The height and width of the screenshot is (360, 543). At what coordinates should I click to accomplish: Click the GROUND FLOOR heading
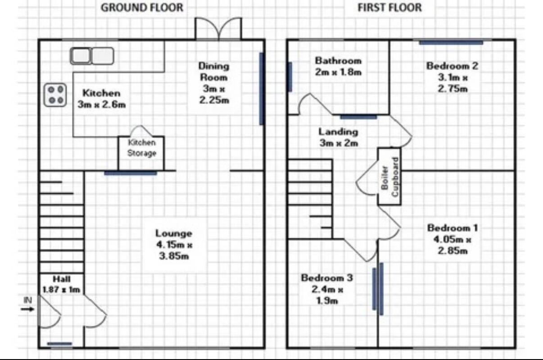(x=142, y=8)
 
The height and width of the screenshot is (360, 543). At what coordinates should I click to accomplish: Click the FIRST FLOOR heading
(x=390, y=8)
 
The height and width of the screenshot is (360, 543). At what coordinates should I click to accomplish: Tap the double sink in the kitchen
(x=92, y=56)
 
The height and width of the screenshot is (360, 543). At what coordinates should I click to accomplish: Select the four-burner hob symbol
(x=55, y=95)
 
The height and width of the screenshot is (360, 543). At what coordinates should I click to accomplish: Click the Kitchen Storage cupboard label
(x=142, y=148)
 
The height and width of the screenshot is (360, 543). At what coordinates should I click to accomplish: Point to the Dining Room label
(x=214, y=83)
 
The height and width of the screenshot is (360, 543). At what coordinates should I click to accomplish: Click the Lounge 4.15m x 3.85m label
(x=174, y=245)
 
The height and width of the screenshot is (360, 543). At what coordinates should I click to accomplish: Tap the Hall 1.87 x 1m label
(x=61, y=284)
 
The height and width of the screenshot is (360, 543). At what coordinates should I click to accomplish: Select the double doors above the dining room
(x=218, y=28)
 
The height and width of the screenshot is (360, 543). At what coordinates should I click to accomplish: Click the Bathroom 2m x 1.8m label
(x=339, y=66)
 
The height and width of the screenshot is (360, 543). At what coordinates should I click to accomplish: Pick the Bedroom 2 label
(x=452, y=77)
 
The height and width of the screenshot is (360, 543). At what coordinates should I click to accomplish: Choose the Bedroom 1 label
(x=452, y=239)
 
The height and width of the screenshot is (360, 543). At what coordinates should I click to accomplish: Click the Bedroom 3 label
(x=327, y=289)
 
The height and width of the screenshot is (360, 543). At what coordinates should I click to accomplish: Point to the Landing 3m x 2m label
(x=339, y=137)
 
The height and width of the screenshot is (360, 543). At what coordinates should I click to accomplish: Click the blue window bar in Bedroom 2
(x=451, y=43)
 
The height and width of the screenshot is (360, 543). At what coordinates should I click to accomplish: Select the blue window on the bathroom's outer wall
(x=290, y=77)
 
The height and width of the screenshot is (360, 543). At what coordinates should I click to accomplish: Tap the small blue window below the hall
(x=59, y=343)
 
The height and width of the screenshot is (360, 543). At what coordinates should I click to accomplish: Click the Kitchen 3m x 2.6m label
(x=102, y=99)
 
